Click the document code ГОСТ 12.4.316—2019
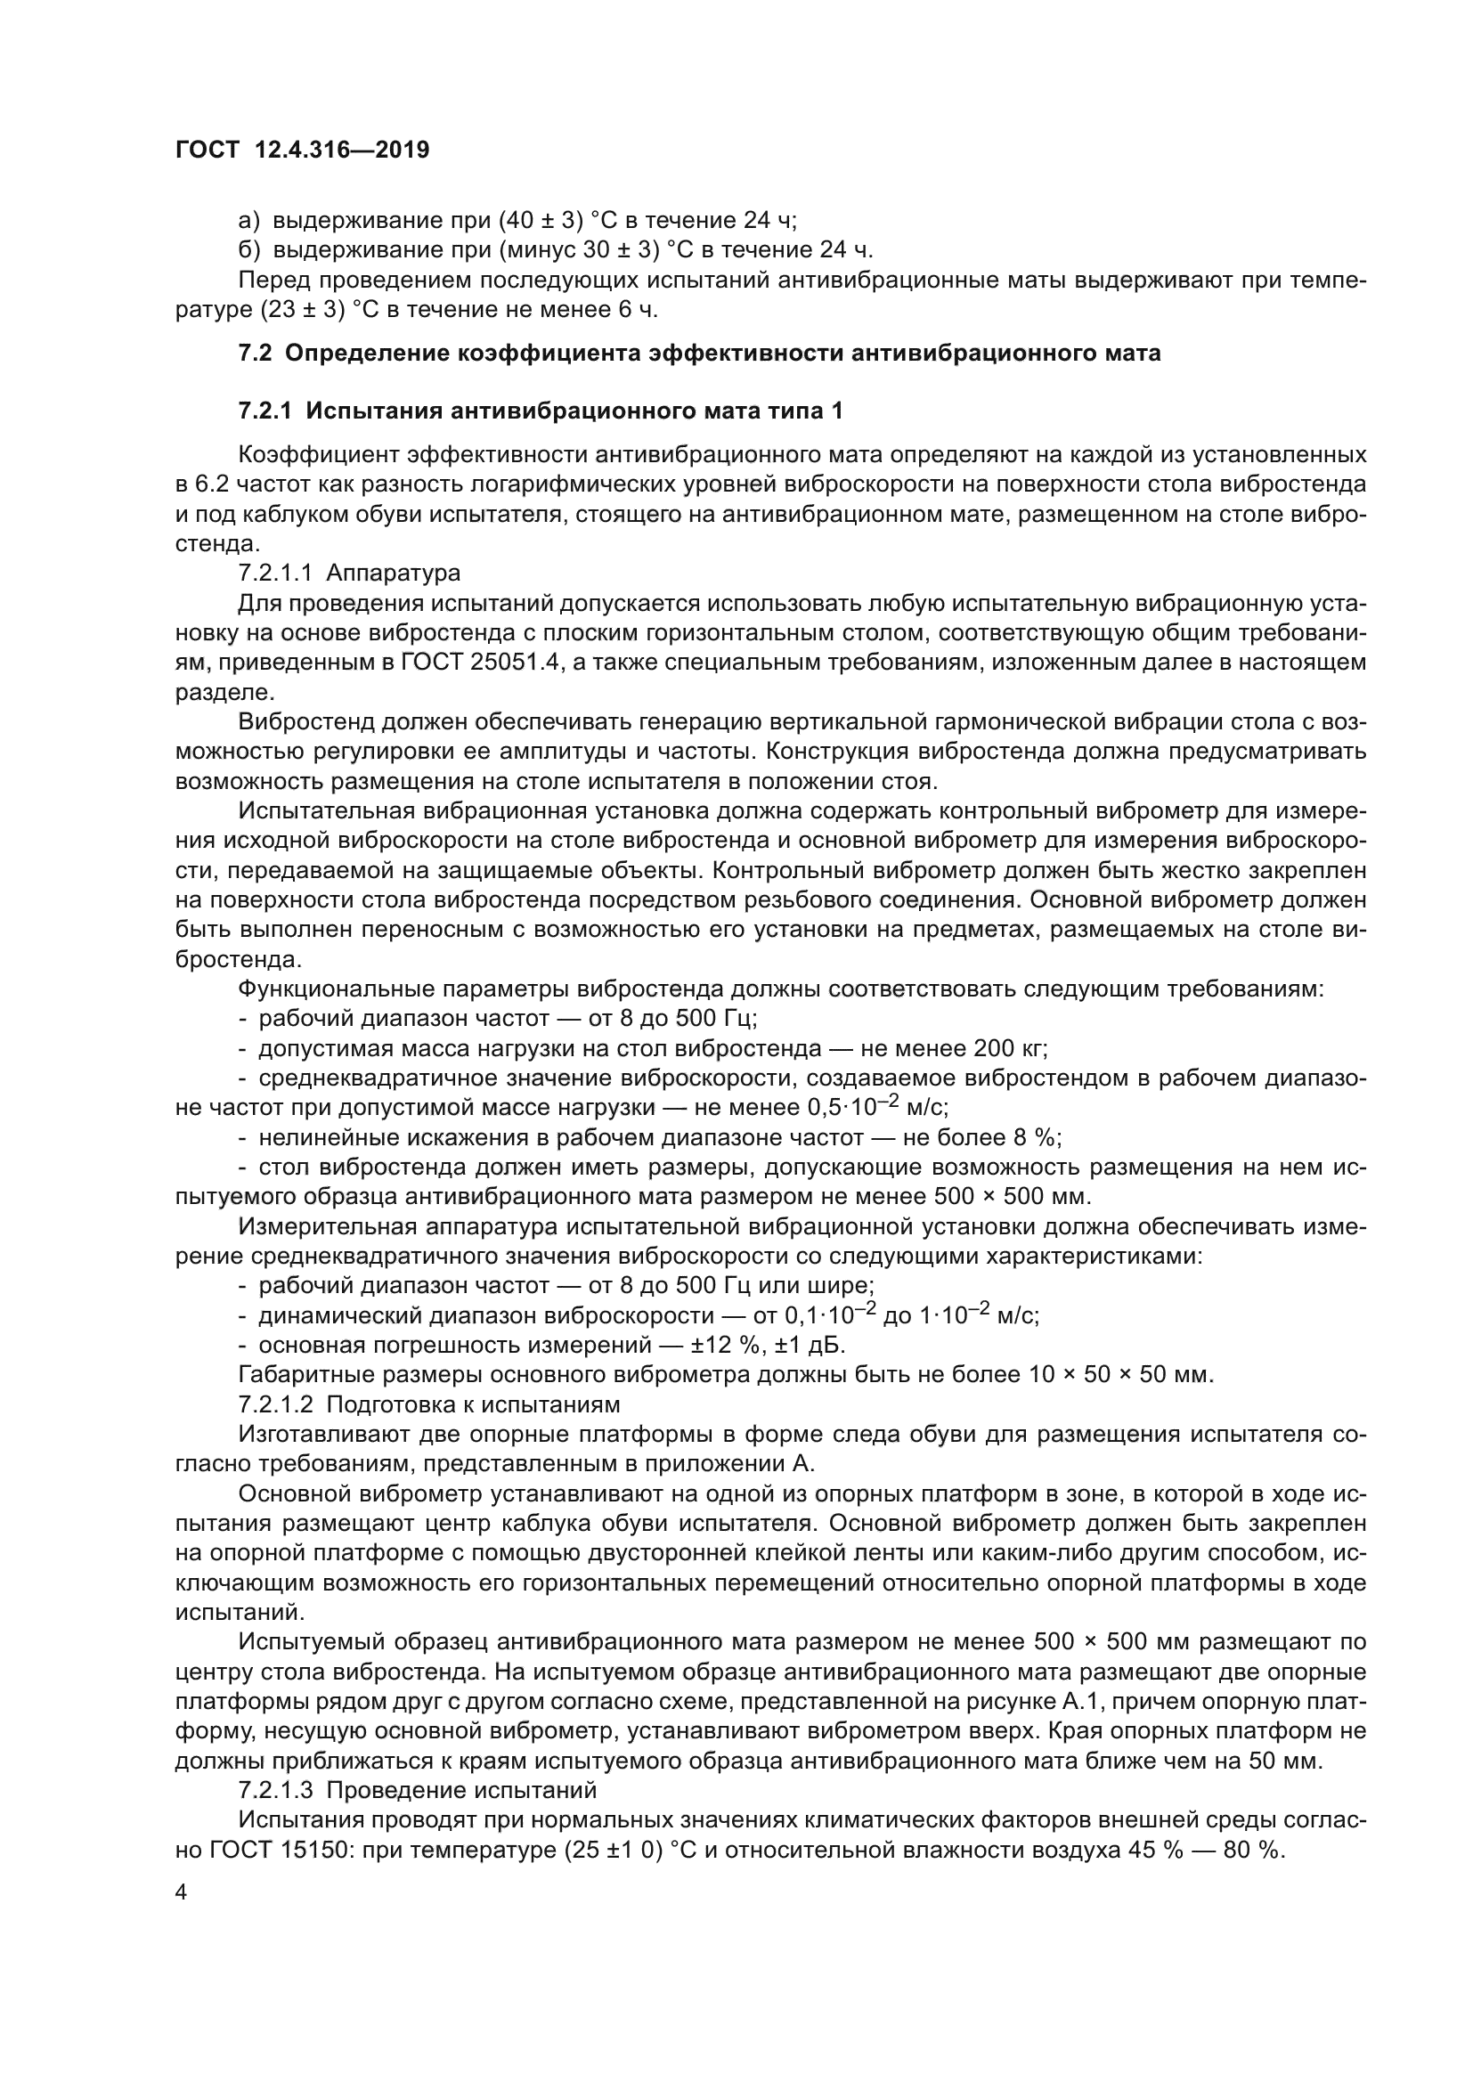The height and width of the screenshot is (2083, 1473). [x=302, y=151]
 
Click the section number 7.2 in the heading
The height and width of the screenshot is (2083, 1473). [x=255, y=354]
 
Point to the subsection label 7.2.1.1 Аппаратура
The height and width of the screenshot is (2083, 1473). [x=349, y=574]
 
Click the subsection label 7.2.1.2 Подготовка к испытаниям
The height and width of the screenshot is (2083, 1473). [x=429, y=1404]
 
